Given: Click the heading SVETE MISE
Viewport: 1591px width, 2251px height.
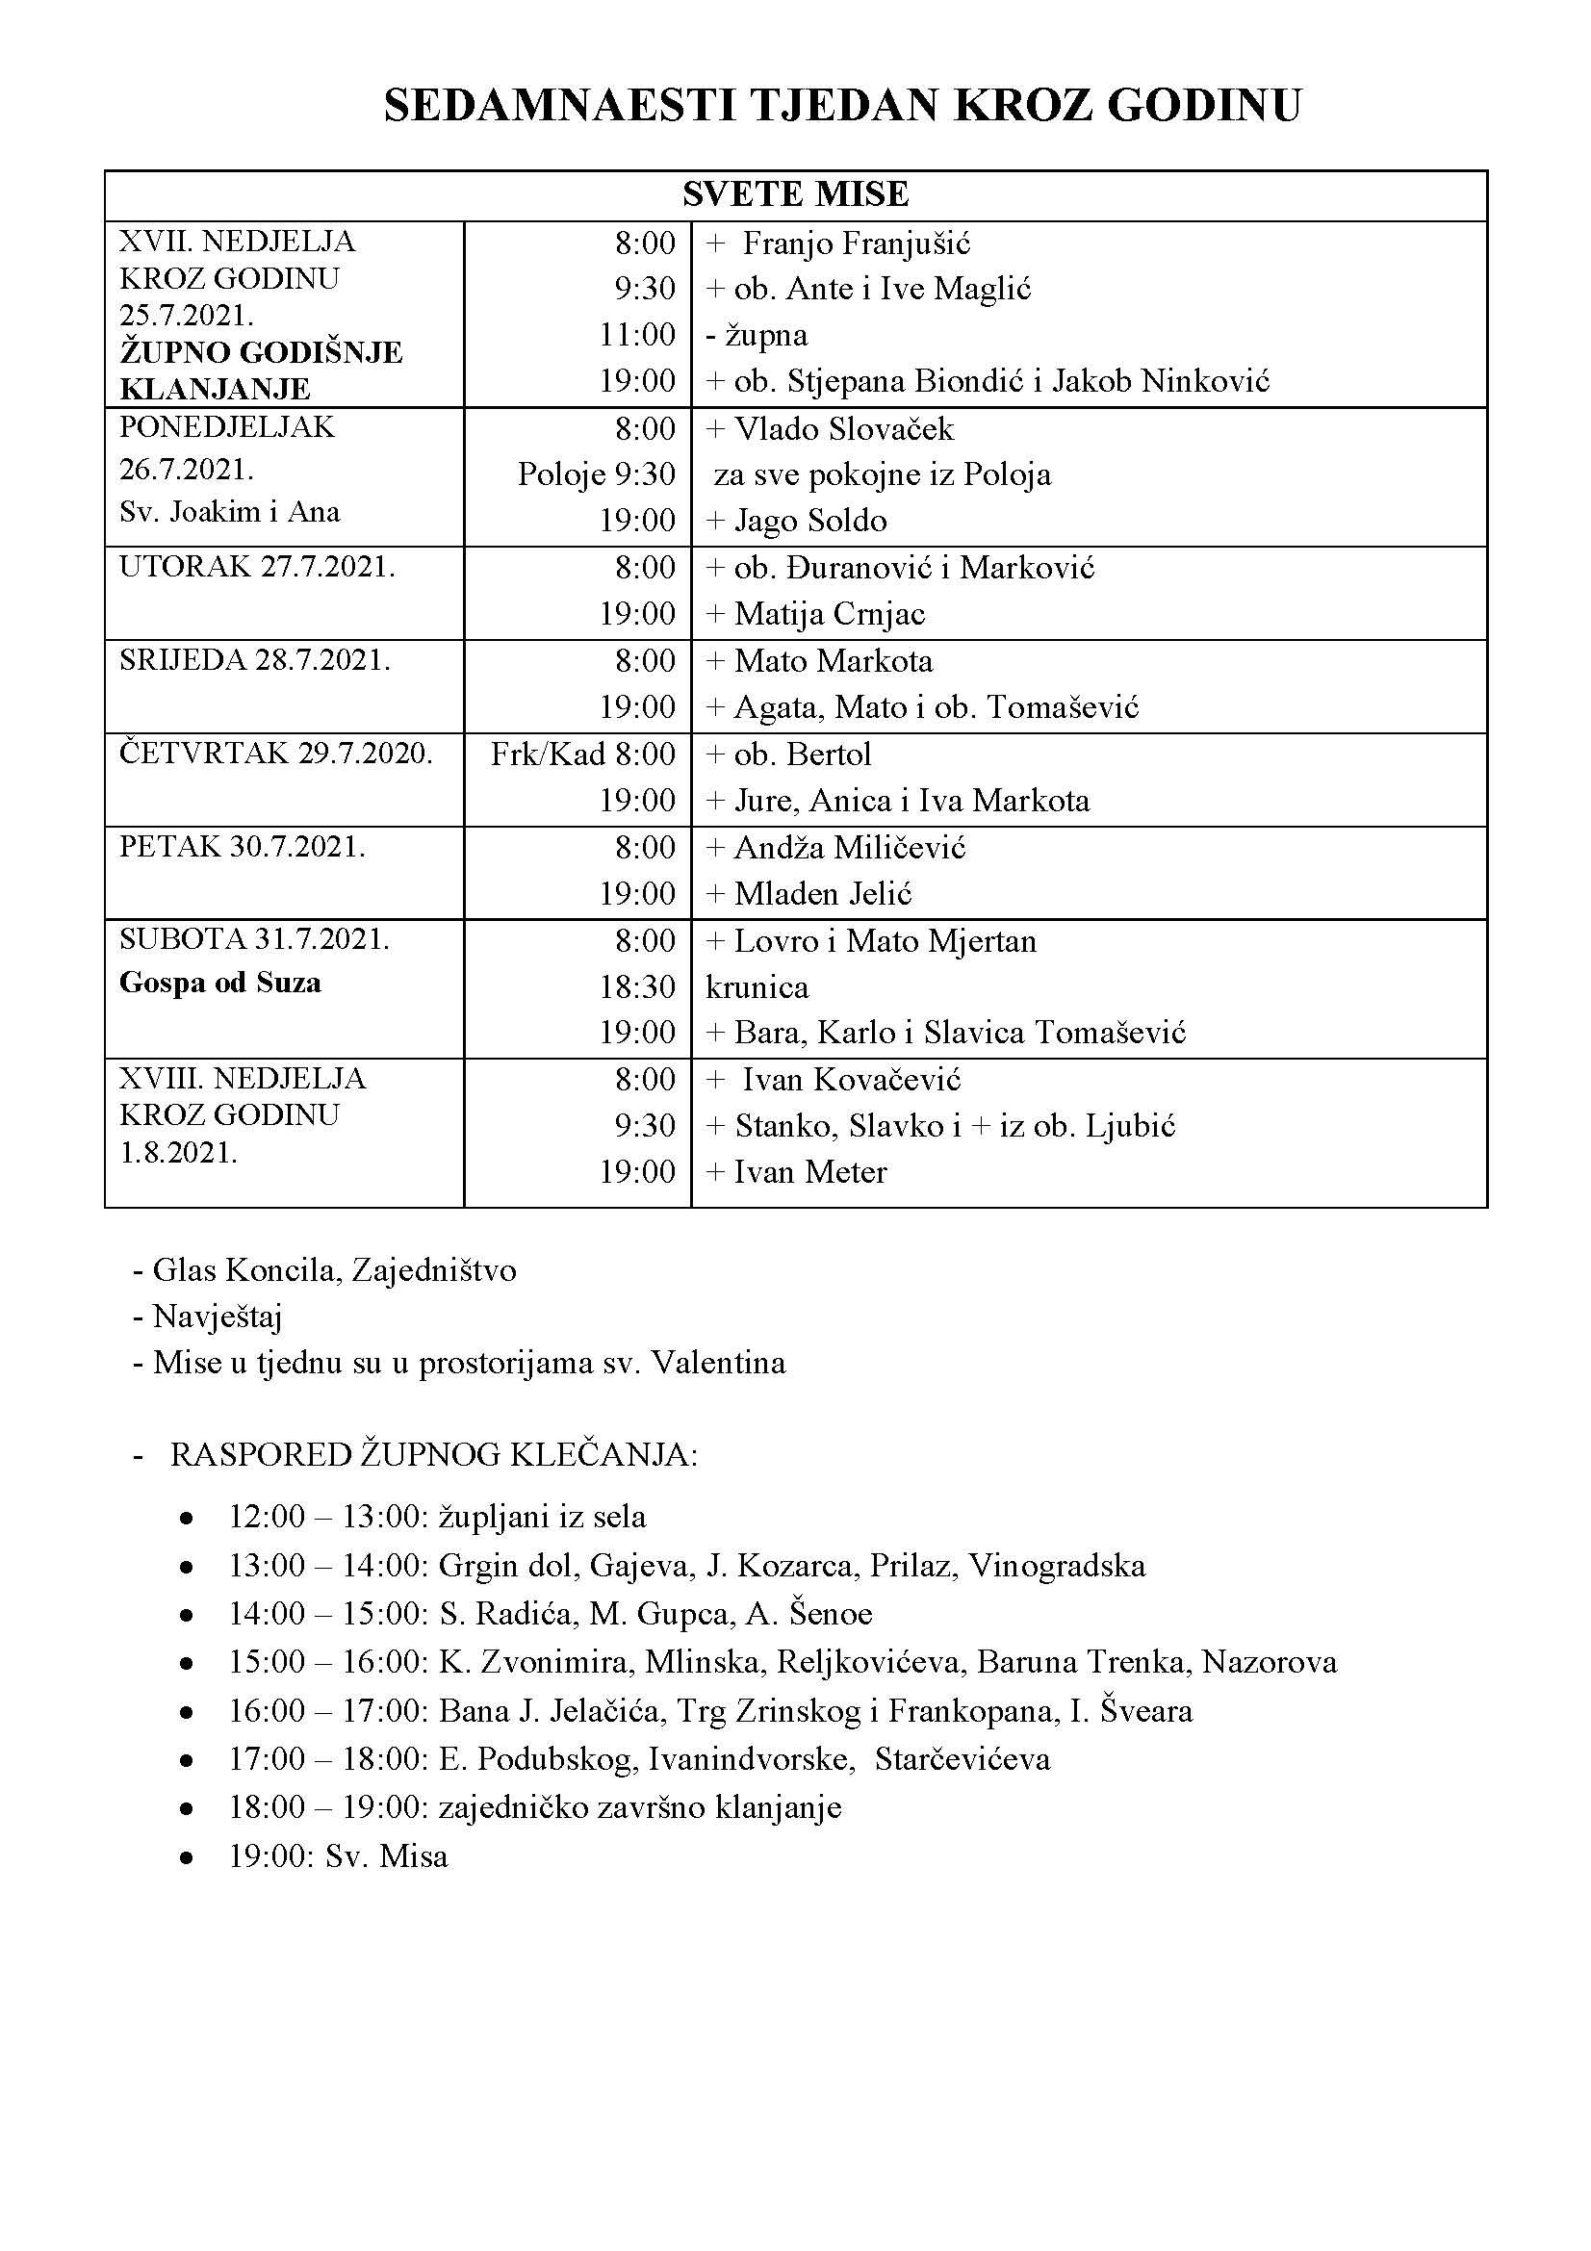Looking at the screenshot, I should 795,194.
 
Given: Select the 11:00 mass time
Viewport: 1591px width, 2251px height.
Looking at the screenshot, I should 637,335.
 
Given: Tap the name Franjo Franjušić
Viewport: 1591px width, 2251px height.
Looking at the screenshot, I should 856,243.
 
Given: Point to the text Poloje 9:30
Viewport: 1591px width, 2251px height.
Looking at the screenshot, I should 596,474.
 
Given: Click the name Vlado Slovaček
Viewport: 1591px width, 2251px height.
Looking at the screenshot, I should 843,429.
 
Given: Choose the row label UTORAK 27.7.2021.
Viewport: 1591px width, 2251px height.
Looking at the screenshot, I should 257,568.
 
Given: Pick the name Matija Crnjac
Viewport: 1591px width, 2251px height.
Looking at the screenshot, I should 830,615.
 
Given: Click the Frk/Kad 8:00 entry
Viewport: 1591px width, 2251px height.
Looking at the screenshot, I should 582,754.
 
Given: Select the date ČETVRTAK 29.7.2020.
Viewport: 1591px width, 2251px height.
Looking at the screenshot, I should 275,754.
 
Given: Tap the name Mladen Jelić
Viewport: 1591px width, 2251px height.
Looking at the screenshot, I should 824,894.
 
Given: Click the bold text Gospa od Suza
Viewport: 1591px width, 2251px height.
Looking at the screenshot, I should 219,983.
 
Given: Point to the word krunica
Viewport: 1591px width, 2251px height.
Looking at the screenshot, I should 757,987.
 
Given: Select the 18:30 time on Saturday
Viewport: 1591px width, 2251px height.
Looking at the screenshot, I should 637,987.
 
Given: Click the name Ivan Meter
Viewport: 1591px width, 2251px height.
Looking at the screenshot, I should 810,1172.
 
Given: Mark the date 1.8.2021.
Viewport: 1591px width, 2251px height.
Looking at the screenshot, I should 178,1153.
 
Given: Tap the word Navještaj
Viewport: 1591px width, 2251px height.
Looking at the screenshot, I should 217,1317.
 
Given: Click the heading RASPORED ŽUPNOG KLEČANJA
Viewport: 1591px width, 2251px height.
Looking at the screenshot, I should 433,1455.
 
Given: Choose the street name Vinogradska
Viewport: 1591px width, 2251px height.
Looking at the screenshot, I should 1057,1566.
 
